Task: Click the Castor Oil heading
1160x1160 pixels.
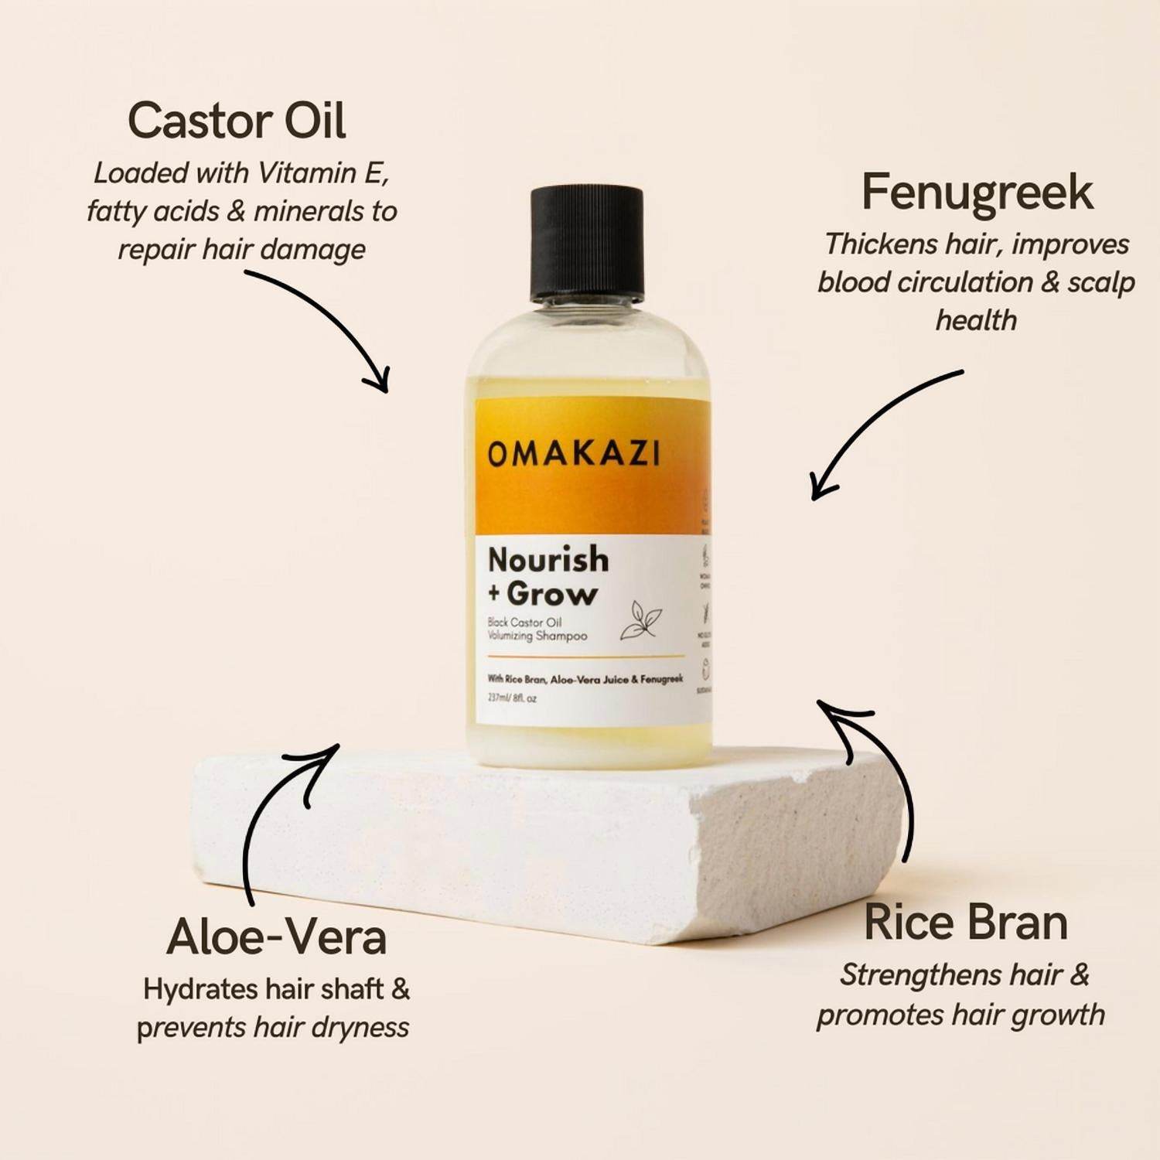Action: click(237, 121)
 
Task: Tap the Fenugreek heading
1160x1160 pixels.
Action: click(977, 193)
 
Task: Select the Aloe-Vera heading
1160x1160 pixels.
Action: click(276, 937)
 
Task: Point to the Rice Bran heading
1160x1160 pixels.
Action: click(965, 923)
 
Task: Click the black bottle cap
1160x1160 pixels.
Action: click(587, 242)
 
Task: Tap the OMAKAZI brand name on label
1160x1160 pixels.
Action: click(574, 455)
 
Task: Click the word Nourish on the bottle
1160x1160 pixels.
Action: click(548, 560)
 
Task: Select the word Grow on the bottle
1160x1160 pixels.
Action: click(552, 595)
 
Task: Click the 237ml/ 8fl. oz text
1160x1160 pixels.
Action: click(512, 698)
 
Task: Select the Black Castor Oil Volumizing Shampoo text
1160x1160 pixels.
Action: click(537, 629)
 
